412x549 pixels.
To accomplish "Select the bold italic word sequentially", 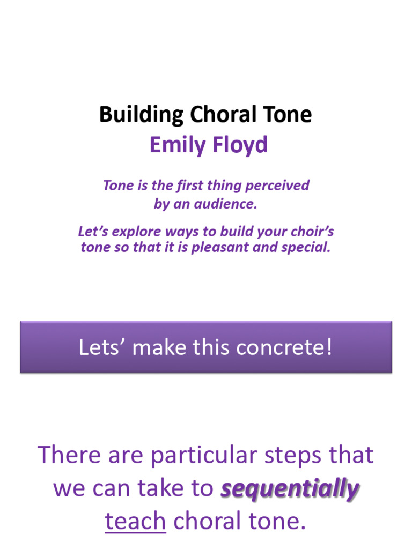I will (290, 489).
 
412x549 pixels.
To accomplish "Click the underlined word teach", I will (135, 521).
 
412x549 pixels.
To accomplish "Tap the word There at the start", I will (68, 456).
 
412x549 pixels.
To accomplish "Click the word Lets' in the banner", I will (101, 347).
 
